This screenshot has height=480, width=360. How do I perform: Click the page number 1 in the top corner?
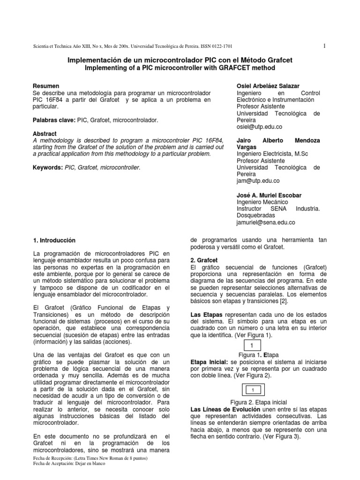point(324,45)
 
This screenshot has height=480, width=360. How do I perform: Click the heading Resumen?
point(46,86)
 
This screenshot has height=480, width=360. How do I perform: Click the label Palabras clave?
point(54,120)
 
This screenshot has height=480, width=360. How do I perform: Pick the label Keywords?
point(47,167)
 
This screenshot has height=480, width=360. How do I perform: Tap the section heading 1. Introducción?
point(54,240)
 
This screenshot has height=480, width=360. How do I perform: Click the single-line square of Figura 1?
point(253,346)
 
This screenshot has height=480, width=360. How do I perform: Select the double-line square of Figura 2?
point(253,390)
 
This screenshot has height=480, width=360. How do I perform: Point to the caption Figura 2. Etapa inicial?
point(253,403)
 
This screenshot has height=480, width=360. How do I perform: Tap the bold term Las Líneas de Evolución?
point(227,409)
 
